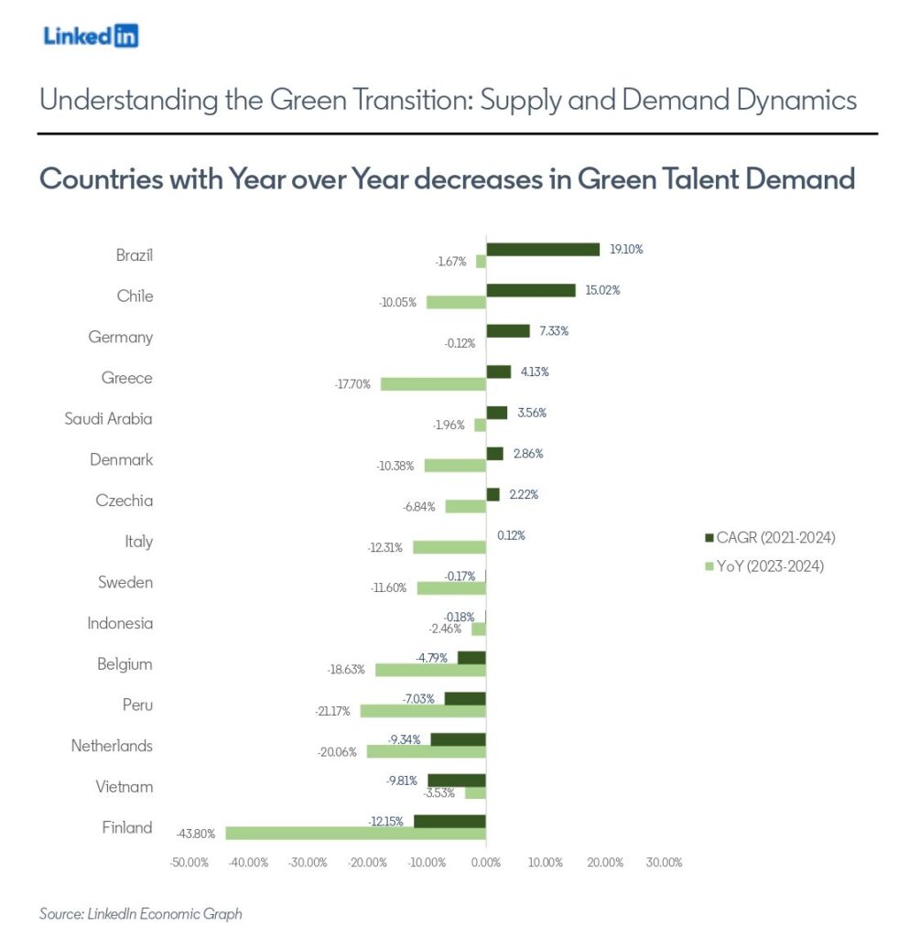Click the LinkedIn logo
[91, 36]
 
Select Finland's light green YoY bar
[355, 834]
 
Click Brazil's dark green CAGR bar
[543, 249]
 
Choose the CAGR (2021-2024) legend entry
[768, 537]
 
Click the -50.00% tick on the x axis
[190, 863]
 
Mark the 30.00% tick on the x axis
[664, 863]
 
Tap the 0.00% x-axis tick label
[486, 863]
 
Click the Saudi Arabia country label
[108, 419]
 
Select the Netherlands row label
[112, 746]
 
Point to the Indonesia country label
[120, 623]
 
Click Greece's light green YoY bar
[433, 384]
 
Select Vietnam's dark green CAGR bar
[457, 781]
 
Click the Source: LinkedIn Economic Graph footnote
[140, 913]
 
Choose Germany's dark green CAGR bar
[508, 330]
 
